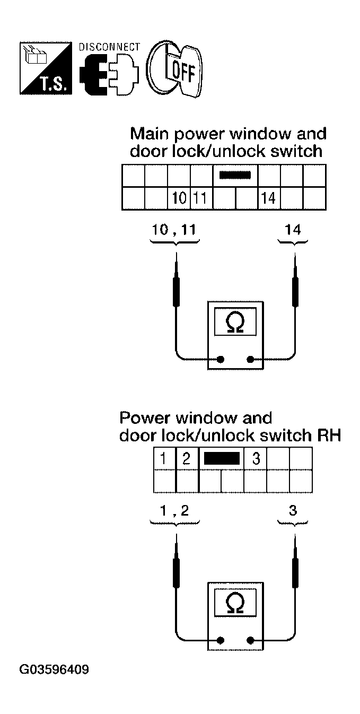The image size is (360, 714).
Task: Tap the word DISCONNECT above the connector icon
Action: [109, 47]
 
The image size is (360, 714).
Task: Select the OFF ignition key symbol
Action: [175, 69]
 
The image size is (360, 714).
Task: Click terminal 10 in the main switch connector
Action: [179, 198]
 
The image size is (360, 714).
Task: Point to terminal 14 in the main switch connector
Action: [269, 198]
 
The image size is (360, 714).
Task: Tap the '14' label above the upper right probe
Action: [293, 230]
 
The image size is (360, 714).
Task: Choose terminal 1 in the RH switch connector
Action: [164, 458]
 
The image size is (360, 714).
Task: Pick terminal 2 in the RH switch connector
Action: [186, 458]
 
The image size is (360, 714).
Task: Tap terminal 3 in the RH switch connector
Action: [256, 458]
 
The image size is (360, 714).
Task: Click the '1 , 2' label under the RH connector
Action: [175, 510]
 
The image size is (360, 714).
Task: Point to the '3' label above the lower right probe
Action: [293, 510]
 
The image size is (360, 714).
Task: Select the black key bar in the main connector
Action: [235, 175]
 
